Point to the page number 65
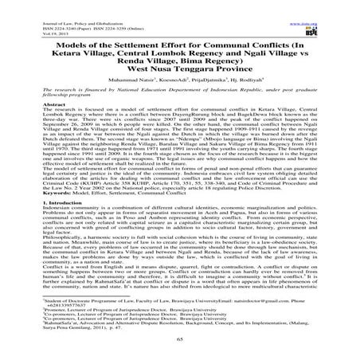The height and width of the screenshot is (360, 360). point(180,340)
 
